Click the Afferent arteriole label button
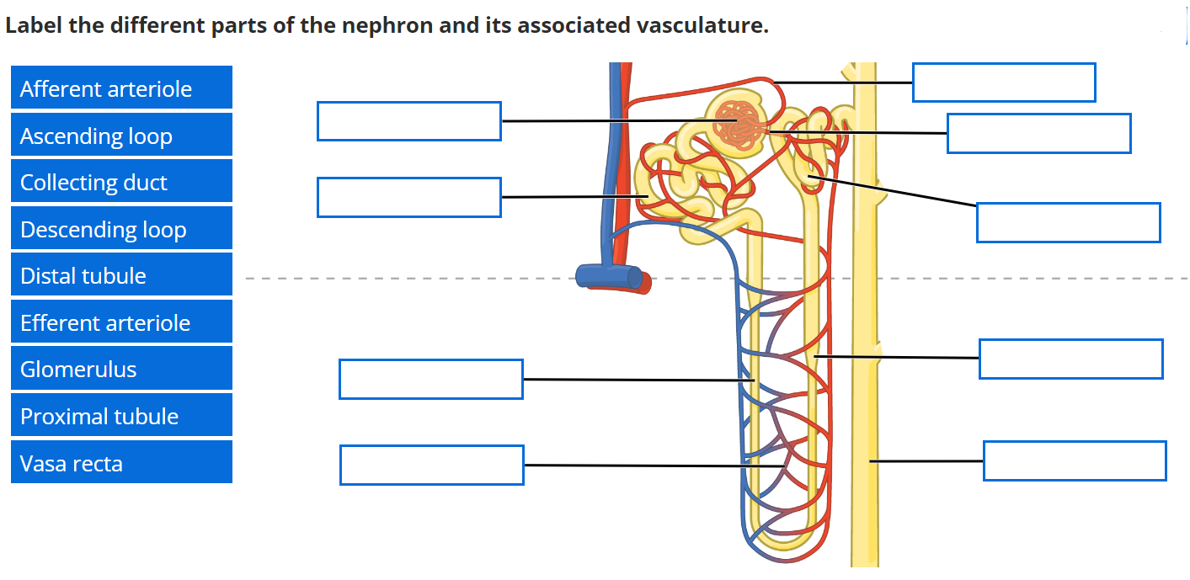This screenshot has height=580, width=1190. click(121, 88)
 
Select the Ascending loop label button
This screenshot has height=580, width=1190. click(121, 136)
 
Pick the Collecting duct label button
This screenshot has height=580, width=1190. click(121, 182)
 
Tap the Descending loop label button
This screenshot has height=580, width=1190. click(121, 229)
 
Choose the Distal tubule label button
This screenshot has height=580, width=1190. click(121, 275)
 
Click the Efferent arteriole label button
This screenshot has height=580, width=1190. click(121, 322)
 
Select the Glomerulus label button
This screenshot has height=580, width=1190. click(121, 369)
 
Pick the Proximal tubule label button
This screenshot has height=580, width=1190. click(121, 416)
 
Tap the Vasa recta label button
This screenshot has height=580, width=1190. click(121, 463)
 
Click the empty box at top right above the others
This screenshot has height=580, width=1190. click(1003, 82)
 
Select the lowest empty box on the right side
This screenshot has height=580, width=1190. click(1074, 460)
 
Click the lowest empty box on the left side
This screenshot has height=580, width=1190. click(431, 465)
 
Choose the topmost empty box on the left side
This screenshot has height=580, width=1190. click(408, 121)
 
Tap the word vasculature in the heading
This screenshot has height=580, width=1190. click(704, 26)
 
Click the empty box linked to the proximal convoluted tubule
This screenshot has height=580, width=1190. click(408, 197)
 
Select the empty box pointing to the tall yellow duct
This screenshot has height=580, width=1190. click(1074, 460)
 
